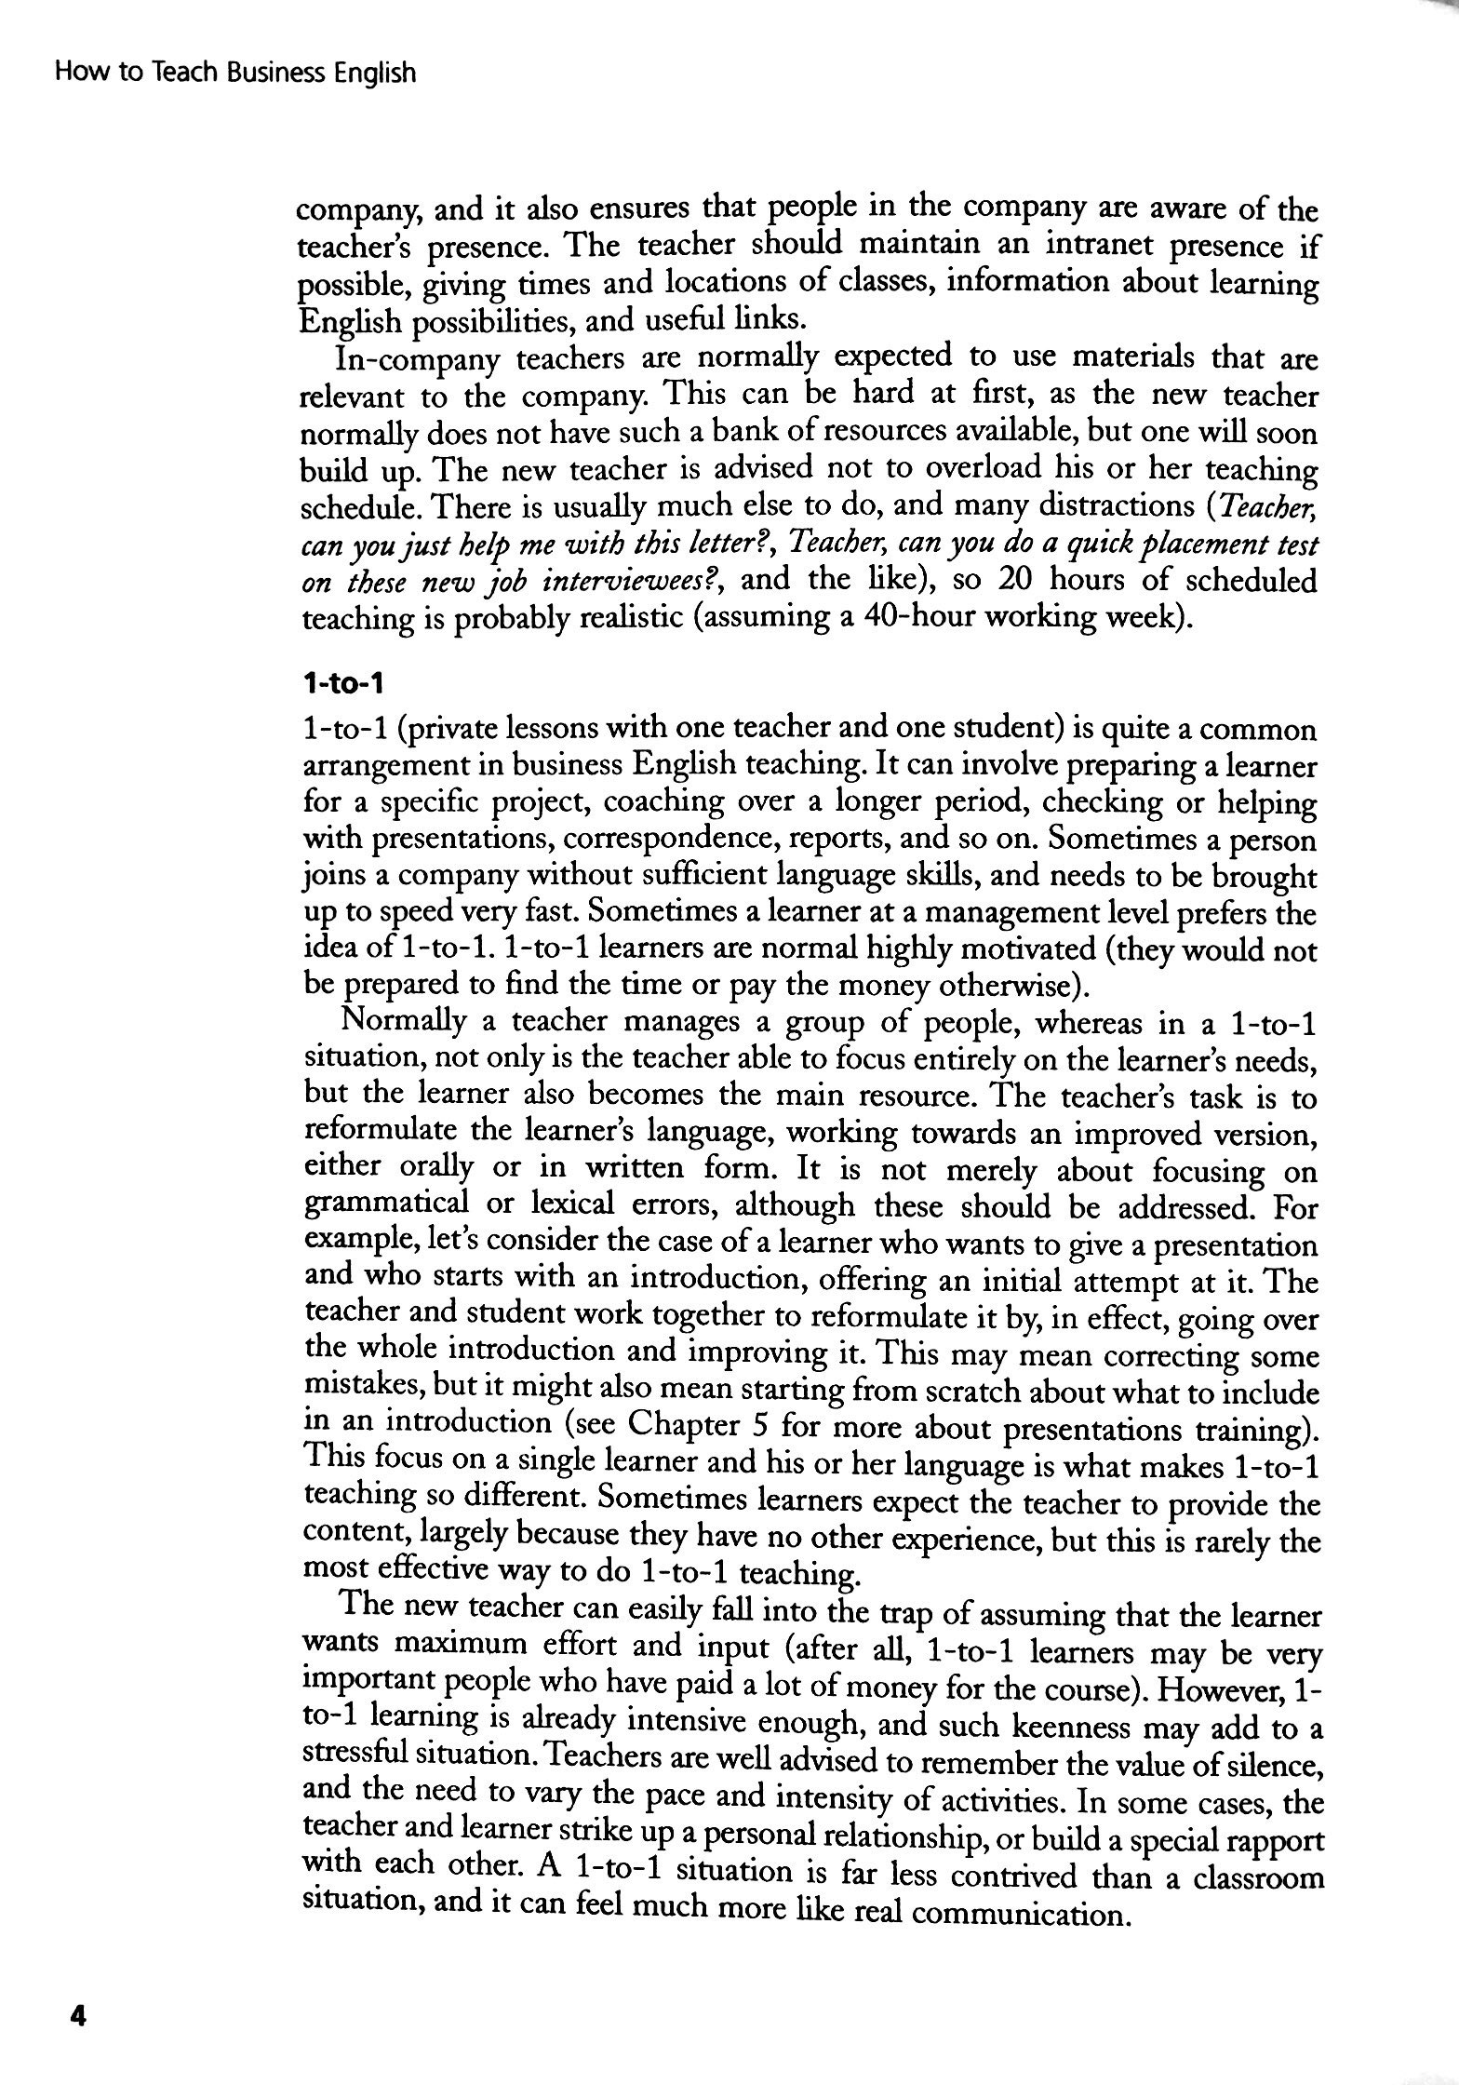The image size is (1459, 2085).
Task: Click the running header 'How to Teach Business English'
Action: (234, 74)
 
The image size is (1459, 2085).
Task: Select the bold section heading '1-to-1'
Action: (342, 685)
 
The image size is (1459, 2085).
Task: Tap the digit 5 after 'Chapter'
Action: (757, 1425)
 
